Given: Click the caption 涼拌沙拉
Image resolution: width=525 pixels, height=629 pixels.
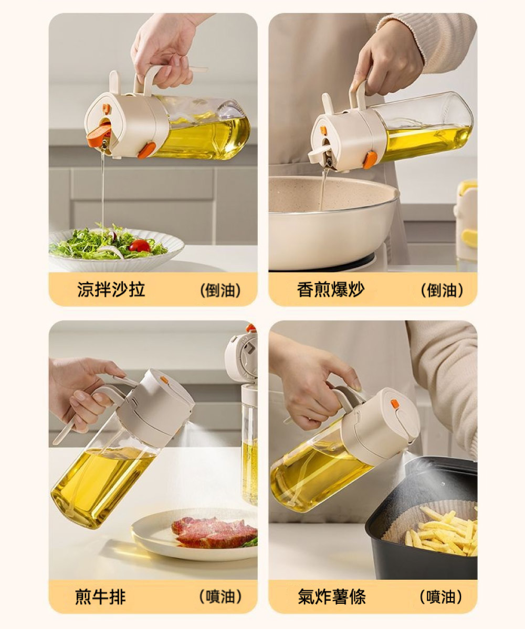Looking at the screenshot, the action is [x=111, y=289].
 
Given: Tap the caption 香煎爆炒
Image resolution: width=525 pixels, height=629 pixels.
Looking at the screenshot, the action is [x=331, y=289].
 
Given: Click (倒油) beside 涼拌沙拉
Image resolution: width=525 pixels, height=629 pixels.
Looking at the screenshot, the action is [x=220, y=290].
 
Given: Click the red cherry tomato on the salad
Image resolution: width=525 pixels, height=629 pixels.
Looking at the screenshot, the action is [x=140, y=246].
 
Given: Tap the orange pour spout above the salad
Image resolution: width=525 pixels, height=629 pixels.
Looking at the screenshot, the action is [x=99, y=134].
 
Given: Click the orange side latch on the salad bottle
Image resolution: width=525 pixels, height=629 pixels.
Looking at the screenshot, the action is [x=147, y=150].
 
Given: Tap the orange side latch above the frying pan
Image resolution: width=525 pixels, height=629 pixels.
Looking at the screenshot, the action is [x=370, y=160].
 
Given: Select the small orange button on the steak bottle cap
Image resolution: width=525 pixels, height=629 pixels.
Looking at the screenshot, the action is [x=164, y=380].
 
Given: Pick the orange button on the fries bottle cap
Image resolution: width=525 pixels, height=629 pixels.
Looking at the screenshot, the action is [x=395, y=404].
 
